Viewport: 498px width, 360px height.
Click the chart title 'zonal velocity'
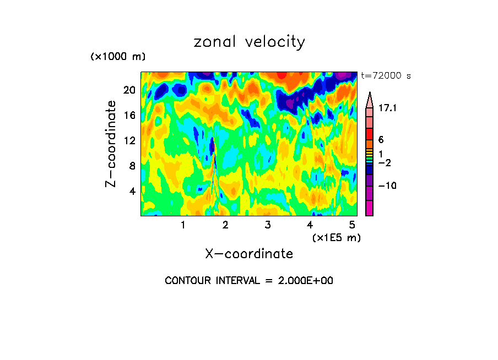click(x=249, y=42)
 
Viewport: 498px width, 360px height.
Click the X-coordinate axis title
click(x=249, y=254)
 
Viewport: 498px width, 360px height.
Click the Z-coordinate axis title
click(x=111, y=144)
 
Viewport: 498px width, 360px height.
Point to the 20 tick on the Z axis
click(x=129, y=90)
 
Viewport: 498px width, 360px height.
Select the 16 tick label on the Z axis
click(x=129, y=116)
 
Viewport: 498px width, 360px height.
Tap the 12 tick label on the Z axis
click(x=129, y=141)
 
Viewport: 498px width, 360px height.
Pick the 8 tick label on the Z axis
click(x=132, y=166)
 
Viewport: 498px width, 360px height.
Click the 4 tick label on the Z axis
click(x=132, y=192)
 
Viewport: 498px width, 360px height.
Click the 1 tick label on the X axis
click(x=183, y=225)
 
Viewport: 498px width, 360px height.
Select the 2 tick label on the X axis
click(x=225, y=225)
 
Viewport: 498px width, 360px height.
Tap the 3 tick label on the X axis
click(x=267, y=225)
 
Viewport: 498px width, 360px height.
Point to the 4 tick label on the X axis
click(x=310, y=225)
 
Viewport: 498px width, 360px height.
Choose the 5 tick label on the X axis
click(x=351, y=225)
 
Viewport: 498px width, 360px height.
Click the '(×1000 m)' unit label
click(x=117, y=57)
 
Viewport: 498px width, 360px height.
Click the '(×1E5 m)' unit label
click(x=337, y=237)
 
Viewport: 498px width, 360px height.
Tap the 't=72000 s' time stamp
click(x=386, y=76)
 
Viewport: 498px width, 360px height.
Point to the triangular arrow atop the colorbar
click(x=369, y=98)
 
